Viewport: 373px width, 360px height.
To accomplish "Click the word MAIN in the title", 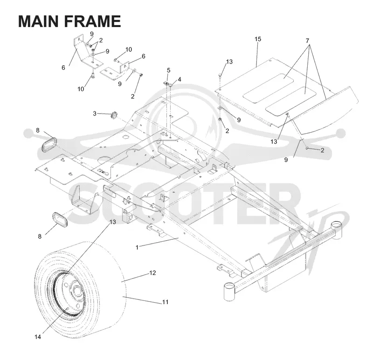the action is pos(38,21).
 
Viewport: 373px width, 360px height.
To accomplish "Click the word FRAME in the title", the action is pos(92,21).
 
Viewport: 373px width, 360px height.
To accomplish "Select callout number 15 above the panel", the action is pos(258,39).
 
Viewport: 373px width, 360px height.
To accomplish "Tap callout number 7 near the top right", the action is pos(307,41).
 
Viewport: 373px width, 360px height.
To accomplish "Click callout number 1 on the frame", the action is pos(137,247).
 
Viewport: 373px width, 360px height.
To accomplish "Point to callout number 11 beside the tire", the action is pos(166,302).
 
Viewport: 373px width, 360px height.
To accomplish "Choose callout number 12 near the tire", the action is pos(152,272).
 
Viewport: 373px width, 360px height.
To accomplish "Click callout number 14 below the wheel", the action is pos(38,337).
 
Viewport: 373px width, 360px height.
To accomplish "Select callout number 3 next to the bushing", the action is pos(95,114).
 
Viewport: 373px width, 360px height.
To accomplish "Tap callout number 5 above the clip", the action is pos(169,70).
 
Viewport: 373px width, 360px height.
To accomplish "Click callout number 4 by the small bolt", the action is pos(180,80).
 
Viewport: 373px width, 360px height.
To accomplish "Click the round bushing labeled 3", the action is pos(114,115).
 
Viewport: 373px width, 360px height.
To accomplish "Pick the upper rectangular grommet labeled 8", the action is pos(49,145).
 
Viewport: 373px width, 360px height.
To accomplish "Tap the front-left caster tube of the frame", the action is pos(229,291).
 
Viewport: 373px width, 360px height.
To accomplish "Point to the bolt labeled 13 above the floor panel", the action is pos(220,75).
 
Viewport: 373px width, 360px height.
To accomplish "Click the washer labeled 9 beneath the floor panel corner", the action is pos(220,109).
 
